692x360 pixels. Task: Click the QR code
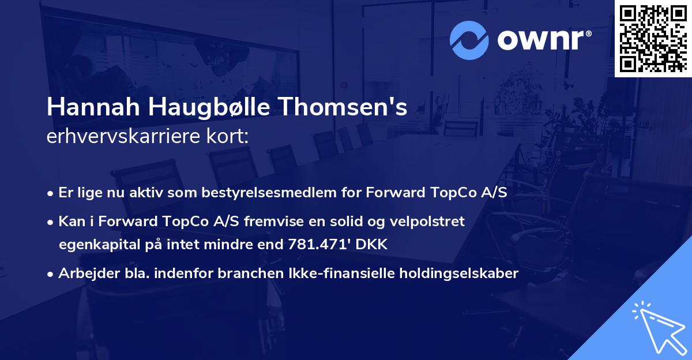click(x=653, y=39)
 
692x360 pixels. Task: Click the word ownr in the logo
click(x=542, y=40)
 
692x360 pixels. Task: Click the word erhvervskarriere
click(x=125, y=136)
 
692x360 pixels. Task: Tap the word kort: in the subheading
click(x=228, y=136)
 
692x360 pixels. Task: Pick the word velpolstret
click(x=427, y=222)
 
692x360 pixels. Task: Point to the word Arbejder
click(x=84, y=273)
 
